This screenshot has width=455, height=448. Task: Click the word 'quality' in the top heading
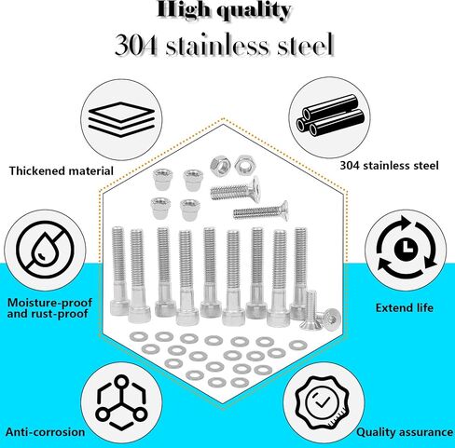pos(254,11)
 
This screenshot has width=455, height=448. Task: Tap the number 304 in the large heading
pos(135,46)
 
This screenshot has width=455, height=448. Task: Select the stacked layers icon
pos(121,119)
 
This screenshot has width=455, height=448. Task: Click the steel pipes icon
pos(330,115)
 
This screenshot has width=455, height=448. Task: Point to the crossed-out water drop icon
pos(46,250)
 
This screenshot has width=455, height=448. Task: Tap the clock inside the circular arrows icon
pos(406,249)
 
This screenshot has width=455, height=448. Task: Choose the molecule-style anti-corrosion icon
pos(121,402)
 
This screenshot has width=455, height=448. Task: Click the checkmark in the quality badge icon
pos(322,402)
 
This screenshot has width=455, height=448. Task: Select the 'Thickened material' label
pos(62,171)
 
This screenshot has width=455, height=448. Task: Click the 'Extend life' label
pos(405,308)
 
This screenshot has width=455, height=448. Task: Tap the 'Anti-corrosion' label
pos(46,432)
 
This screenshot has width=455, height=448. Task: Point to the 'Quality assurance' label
pos(405,432)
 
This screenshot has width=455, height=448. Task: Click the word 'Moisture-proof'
pos(49,303)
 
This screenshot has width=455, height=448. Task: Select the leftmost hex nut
pos(220,166)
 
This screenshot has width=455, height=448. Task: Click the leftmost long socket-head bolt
pos(119,271)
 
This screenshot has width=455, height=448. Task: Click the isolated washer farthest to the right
pos(298,345)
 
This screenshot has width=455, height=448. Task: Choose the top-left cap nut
pos(161,179)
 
